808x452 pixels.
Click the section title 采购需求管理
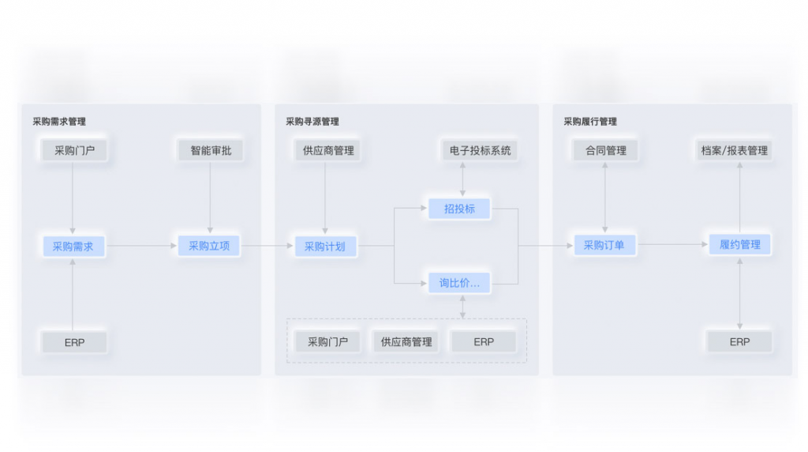click(x=59, y=122)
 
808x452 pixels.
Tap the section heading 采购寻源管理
click(x=312, y=122)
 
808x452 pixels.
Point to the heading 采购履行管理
click(x=590, y=122)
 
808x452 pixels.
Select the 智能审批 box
click(x=211, y=150)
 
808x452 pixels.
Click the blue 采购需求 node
click(x=73, y=246)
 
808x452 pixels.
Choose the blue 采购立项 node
click(x=209, y=246)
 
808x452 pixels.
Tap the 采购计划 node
click(x=325, y=246)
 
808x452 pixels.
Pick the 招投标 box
click(x=459, y=209)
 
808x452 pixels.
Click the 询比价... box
click(x=459, y=283)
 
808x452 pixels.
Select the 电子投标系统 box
click(x=480, y=150)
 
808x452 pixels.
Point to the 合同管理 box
click(x=605, y=150)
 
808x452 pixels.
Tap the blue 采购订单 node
click(x=604, y=245)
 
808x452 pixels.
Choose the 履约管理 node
click(x=739, y=245)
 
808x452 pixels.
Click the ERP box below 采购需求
click(x=74, y=342)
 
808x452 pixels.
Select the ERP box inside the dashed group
click(x=484, y=342)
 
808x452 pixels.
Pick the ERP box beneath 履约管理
click(x=739, y=342)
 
